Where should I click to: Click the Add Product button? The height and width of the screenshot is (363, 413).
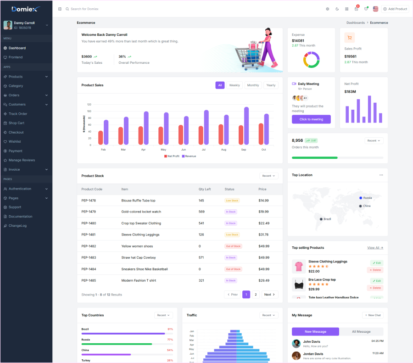click(x=395, y=9)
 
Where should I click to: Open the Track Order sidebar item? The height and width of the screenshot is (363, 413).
click(x=18, y=114)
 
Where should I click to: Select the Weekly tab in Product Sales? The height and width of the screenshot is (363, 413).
click(x=234, y=85)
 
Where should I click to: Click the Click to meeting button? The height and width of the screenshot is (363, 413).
click(x=311, y=119)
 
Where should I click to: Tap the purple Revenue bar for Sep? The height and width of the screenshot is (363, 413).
click(x=246, y=126)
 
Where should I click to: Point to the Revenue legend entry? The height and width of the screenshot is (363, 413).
click(x=189, y=156)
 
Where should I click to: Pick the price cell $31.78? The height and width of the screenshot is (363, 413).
click(x=264, y=235)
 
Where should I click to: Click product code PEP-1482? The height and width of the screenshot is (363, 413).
click(x=89, y=246)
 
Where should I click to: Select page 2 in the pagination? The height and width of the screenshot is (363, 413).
click(x=256, y=295)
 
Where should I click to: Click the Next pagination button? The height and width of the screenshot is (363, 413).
click(x=270, y=295)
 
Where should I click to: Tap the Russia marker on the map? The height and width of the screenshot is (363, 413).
click(x=361, y=198)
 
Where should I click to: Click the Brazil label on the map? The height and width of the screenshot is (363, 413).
click(x=327, y=219)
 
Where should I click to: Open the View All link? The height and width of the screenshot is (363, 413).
click(x=375, y=248)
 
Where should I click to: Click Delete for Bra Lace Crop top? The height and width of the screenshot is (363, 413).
click(x=375, y=288)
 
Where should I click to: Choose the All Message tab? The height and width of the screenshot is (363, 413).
click(x=361, y=331)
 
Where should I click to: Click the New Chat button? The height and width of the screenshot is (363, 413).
click(x=372, y=315)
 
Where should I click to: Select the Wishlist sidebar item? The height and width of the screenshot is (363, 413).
click(x=15, y=141)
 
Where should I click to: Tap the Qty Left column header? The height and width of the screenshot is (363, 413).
click(x=205, y=189)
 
